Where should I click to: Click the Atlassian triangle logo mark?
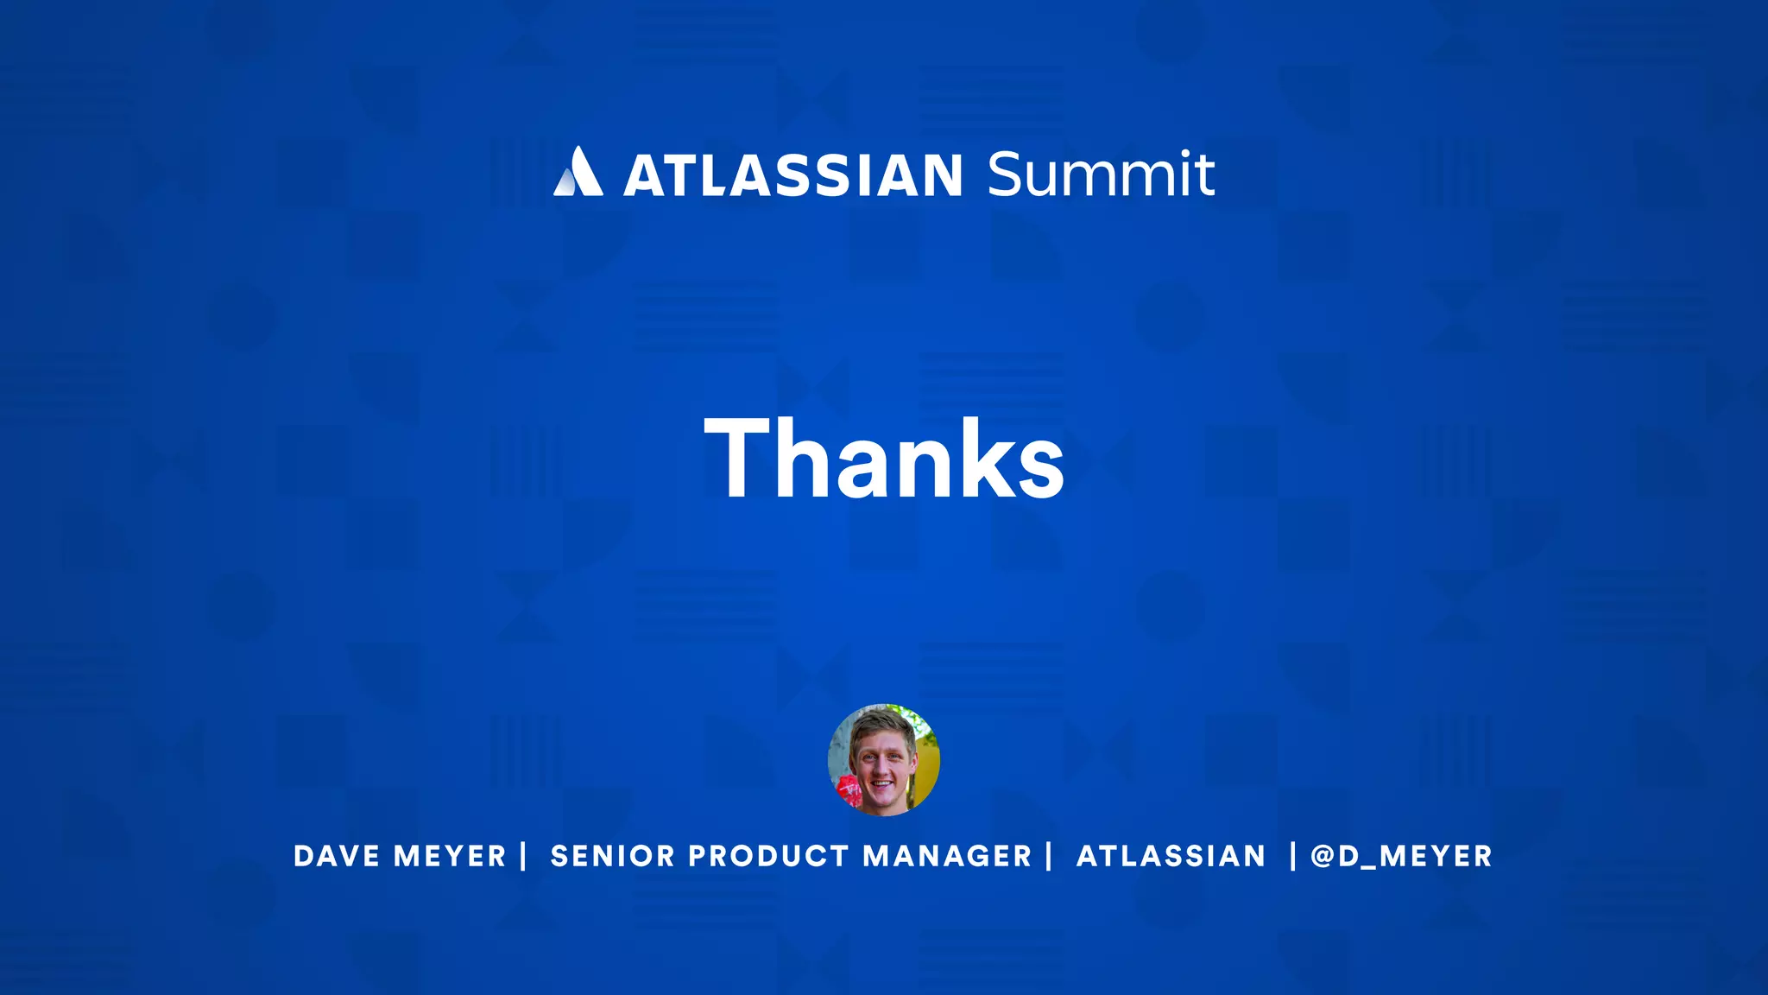tap(578, 172)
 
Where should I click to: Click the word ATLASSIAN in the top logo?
tap(792, 175)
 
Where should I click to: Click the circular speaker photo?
tap(883, 759)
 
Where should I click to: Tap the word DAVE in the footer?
tap(337, 856)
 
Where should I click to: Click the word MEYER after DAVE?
tap(450, 856)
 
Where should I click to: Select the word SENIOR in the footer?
tap(612, 856)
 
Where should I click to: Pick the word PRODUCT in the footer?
tap(768, 856)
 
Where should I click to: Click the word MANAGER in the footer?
tap(947, 856)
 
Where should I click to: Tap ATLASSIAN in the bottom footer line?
tap(1171, 856)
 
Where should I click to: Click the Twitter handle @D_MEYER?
tap(1401, 856)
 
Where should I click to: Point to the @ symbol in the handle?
tap(1323, 856)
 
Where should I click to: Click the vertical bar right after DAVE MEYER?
tap(523, 856)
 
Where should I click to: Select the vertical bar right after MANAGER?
tap(1049, 856)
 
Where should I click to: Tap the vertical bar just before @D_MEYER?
tap(1292, 856)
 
